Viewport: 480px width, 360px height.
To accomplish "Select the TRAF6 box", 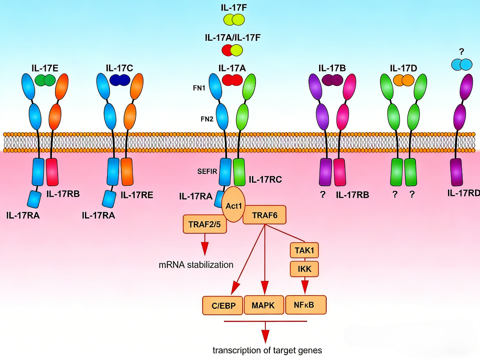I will tap(264, 216).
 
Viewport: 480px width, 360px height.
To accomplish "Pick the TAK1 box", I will tap(304, 251).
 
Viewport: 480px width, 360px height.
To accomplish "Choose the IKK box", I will tap(304, 268).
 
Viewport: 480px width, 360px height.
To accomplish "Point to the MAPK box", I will tap(263, 305).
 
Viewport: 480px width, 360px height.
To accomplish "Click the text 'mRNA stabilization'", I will tap(196, 265).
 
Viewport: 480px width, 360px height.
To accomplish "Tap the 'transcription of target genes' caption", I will tap(267, 350).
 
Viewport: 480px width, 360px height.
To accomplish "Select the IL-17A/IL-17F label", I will tap(232, 37).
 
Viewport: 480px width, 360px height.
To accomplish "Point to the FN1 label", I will tap(199, 88).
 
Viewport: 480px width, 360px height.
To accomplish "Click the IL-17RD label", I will tap(464, 194).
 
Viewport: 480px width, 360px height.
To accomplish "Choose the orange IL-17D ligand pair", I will tap(403, 80).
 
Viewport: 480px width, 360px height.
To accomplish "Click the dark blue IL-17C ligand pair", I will tap(120, 80).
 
